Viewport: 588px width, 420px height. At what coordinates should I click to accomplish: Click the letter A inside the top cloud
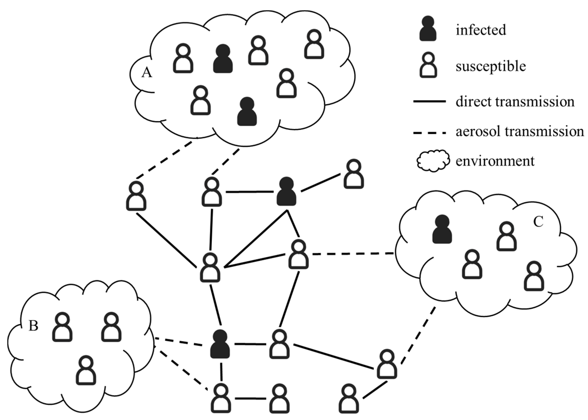tap(147, 73)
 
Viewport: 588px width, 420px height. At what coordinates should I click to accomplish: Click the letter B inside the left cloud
tap(33, 326)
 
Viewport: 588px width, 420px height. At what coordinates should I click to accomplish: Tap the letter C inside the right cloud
tap(538, 222)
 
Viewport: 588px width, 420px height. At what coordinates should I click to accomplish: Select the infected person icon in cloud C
tap(442, 229)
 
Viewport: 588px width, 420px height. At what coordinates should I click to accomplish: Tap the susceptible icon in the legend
tap(428, 65)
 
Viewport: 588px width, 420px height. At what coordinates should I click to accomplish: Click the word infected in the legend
tap(480, 30)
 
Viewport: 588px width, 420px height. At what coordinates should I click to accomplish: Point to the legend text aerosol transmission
tap(520, 131)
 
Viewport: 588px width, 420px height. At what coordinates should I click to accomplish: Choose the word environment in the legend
tap(495, 161)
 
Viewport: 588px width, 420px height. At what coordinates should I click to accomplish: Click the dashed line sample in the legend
tap(429, 133)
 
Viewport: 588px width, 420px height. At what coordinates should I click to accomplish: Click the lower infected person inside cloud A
tap(247, 112)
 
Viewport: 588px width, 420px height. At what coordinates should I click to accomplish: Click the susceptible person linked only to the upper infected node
tap(354, 174)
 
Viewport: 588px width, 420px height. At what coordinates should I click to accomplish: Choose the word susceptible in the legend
tap(491, 66)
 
